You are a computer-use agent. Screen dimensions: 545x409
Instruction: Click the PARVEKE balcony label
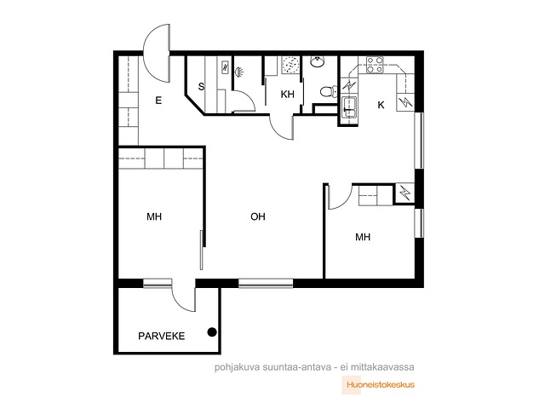pos(161,336)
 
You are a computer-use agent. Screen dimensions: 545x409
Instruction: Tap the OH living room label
pos(258,216)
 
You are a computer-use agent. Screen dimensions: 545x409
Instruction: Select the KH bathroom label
pos(288,95)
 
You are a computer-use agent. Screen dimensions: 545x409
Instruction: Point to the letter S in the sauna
pos(201,87)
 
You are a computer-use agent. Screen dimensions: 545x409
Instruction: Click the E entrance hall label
pos(158,101)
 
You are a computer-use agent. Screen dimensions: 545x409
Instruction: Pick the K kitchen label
pos(381,105)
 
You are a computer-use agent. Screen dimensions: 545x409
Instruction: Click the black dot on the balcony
pos(212,332)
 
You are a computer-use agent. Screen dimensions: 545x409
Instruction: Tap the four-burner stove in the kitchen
pos(375,65)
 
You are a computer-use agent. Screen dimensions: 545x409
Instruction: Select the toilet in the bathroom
pos(328,92)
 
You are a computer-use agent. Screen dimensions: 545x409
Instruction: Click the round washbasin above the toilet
pos(318,61)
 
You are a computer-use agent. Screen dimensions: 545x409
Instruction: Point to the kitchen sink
pos(348,107)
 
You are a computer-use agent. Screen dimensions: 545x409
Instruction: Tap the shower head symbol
pos(238,72)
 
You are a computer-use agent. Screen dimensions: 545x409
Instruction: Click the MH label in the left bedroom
pos(154,216)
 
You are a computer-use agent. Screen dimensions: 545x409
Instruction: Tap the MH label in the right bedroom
pos(363,237)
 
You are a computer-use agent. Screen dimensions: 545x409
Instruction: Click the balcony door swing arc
pos(178,302)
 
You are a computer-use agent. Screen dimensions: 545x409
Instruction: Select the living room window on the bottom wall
pos(266,284)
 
